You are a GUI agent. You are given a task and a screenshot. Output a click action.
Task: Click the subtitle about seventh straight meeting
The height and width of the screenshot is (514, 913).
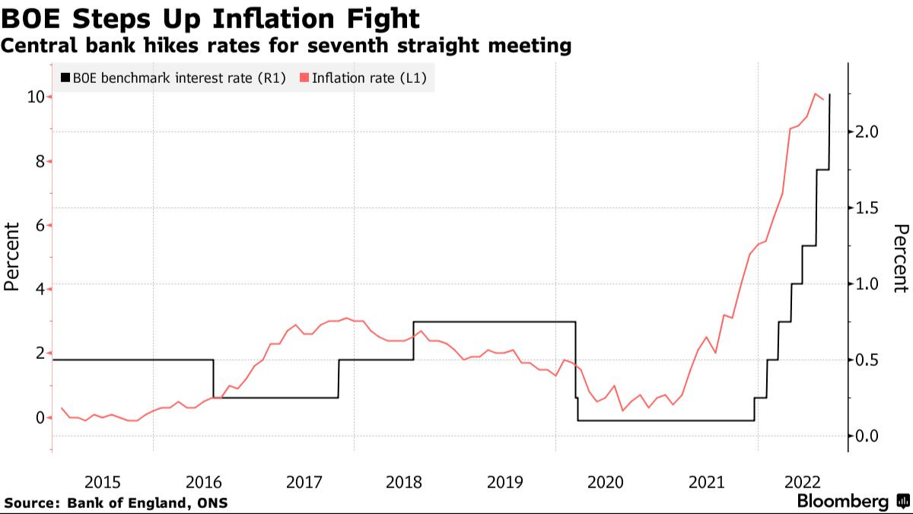286,46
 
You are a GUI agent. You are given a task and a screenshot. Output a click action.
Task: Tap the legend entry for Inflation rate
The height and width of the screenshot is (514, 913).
363,78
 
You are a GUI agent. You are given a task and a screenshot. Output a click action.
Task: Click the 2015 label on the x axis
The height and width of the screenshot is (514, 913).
103,481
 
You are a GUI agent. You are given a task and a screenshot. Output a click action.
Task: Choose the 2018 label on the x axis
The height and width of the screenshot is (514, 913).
404,481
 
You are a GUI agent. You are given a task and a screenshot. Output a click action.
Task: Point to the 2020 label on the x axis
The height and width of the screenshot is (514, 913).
606,481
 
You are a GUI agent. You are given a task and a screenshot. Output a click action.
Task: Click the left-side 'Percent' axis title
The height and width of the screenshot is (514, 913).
11,256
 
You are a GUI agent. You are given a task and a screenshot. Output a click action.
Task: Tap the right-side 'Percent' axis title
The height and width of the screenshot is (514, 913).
902,258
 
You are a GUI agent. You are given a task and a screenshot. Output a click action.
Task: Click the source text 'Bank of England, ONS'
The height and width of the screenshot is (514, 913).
148,503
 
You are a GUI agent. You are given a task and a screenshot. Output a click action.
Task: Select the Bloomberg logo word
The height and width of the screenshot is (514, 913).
842,502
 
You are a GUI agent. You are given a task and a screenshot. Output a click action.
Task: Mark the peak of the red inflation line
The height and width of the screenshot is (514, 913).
815,94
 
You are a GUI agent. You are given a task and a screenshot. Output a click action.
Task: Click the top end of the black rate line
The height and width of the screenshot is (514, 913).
829,95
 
